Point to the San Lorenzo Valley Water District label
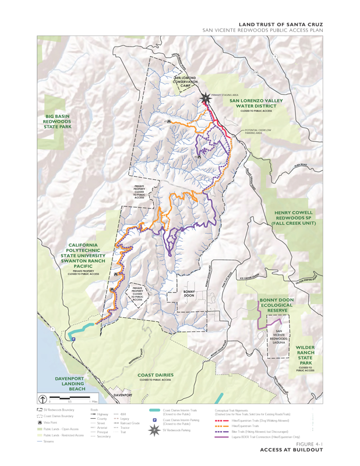coord(256,104)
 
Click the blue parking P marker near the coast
coord(73,340)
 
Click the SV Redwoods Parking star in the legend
coord(154,430)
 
